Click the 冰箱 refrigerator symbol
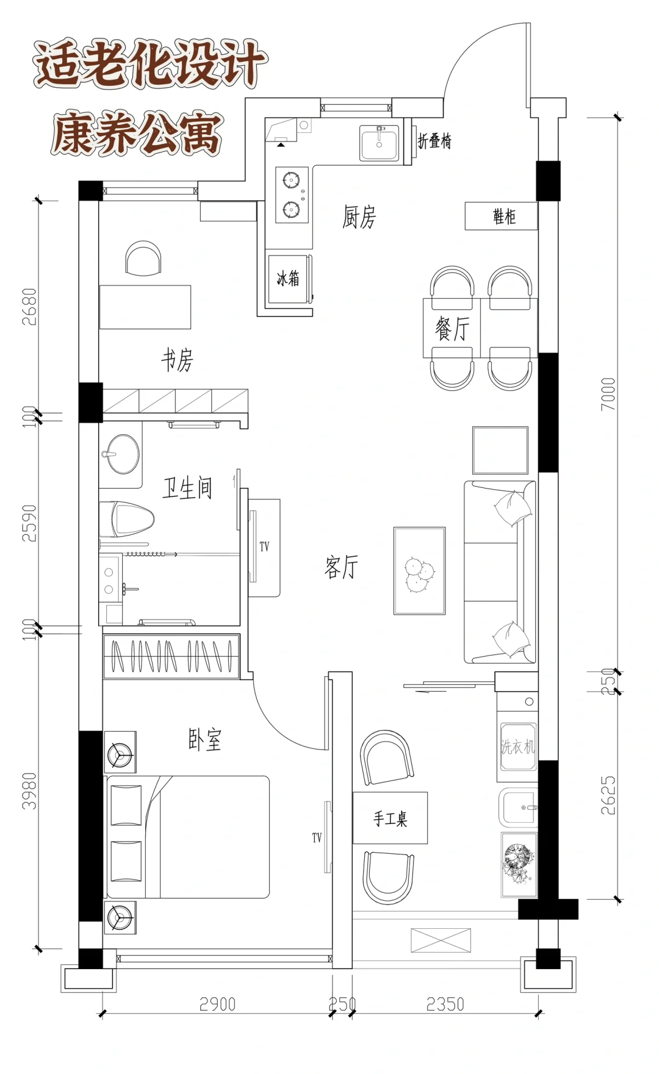tap(289, 279)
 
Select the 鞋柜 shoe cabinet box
tap(501, 217)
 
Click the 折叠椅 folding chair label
tap(434, 141)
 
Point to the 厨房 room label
tap(359, 217)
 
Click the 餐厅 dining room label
tap(452, 329)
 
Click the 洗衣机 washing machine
tap(517, 747)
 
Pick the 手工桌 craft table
tap(390, 818)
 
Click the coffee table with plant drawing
tap(419, 571)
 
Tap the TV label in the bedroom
tap(317, 838)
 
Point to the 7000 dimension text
tap(608, 393)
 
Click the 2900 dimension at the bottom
tap(217, 1004)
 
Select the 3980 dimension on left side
tap(29, 791)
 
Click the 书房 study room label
tap(177, 360)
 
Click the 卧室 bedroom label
tap(204, 739)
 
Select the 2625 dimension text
tap(608, 795)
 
